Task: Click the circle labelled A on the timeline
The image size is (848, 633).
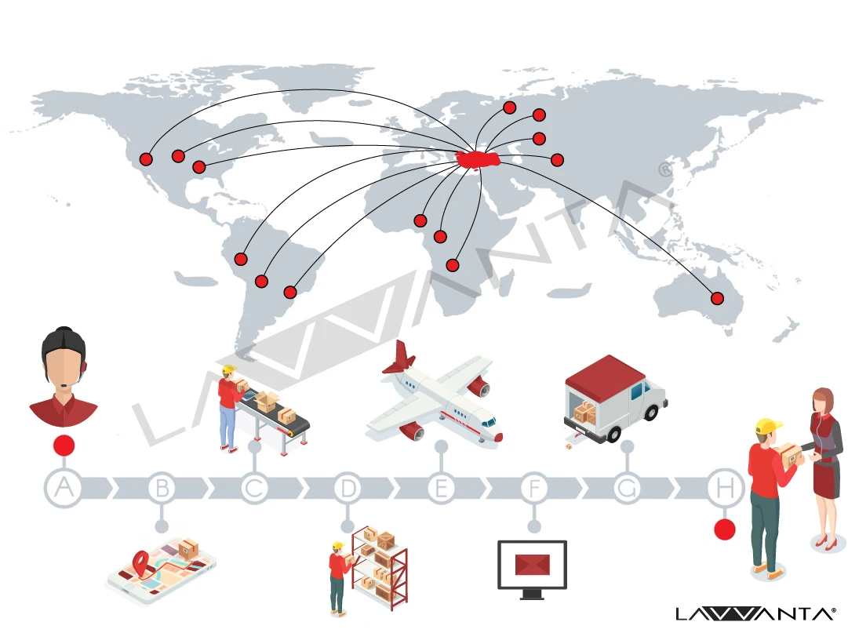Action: (x=64, y=488)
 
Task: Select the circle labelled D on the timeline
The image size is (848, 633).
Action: (x=348, y=488)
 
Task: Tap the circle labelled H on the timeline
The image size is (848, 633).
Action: (x=723, y=488)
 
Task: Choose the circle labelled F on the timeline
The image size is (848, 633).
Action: (x=534, y=488)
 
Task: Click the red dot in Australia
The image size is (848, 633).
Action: (x=717, y=298)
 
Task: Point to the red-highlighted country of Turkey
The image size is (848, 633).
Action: (x=479, y=159)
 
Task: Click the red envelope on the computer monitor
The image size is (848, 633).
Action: (x=533, y=564)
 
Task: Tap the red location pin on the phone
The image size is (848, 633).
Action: (x=140, y=561)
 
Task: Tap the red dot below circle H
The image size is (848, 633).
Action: (x=725, y=529)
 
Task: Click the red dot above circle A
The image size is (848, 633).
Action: (x=64, y=446)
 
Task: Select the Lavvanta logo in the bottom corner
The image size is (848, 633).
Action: (x=755, y=613)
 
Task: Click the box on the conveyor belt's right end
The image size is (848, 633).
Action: (x=286, y=414)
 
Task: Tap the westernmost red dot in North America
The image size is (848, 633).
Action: (x=146, y=159)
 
